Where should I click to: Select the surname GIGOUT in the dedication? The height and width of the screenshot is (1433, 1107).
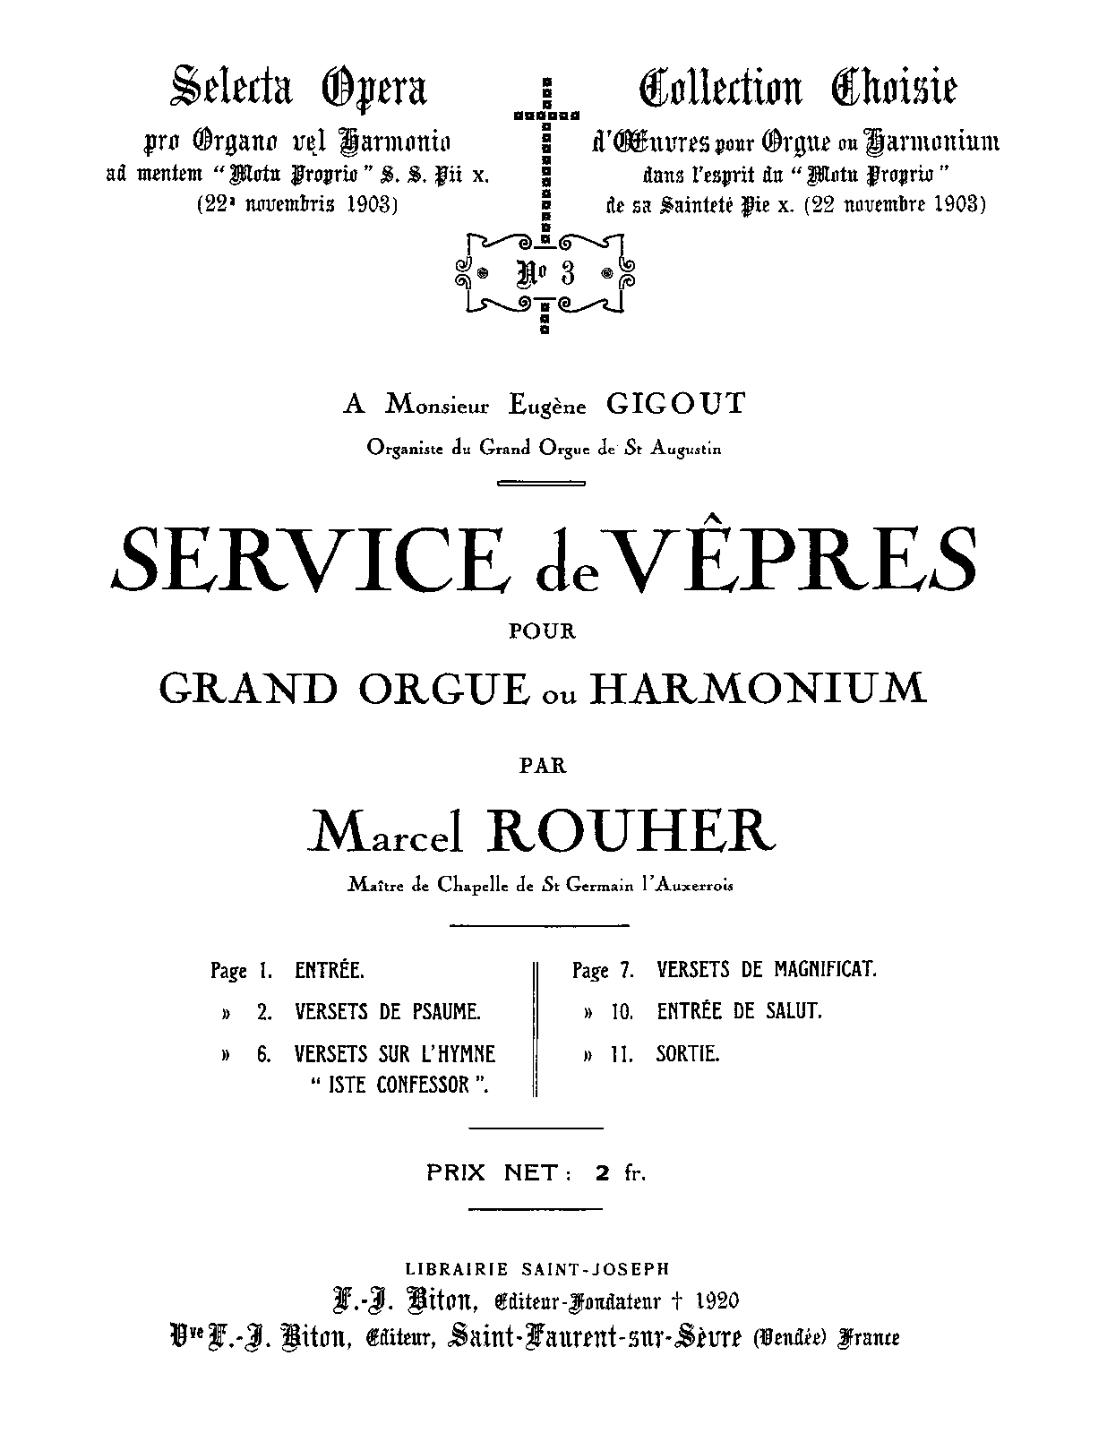click(674, 405)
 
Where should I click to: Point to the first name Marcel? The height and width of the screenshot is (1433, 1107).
click(386, 833)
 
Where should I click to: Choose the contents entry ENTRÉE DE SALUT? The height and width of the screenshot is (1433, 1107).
click(739, 1012)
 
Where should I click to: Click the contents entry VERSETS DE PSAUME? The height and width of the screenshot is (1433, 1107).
click(388, 1012)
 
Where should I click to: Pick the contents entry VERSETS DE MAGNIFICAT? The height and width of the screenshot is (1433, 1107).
click(767, 969)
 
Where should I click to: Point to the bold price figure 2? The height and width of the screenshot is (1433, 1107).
click(603, 1172)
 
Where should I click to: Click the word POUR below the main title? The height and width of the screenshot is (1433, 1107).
click(543, 631)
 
